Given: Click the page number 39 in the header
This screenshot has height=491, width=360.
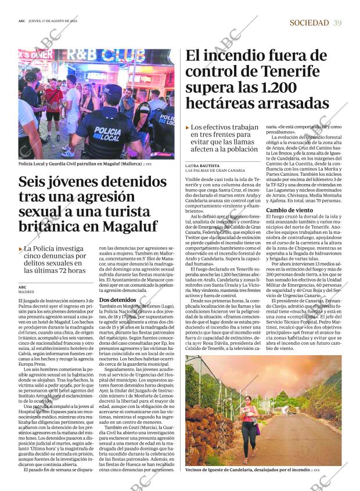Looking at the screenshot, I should (337, 23).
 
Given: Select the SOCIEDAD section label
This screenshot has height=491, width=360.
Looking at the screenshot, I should (309, 23).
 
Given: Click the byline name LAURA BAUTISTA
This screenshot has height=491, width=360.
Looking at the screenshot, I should (203, 165).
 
